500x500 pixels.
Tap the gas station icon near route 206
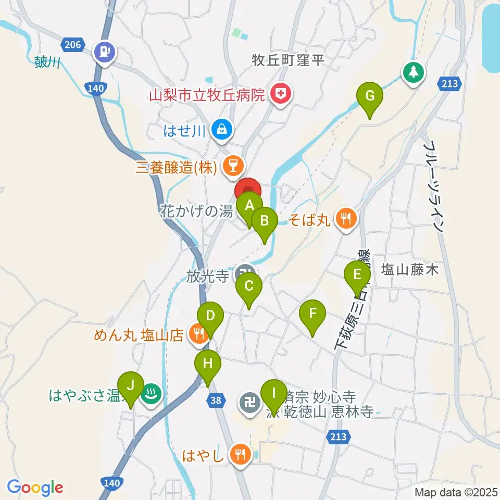[105, 52]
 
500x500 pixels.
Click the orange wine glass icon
[231, 166]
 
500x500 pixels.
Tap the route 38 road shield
[216, 400]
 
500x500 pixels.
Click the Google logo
[35, 488]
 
